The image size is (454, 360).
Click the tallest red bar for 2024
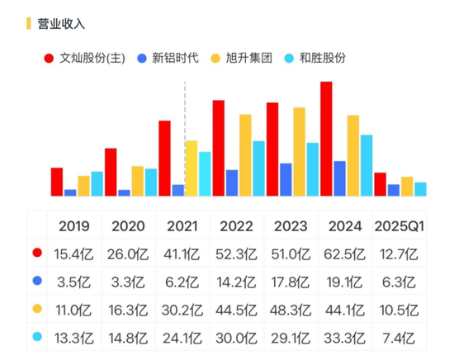pos(326,139)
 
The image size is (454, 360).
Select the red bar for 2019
pos(57,182)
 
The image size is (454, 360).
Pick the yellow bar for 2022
pos(245,154)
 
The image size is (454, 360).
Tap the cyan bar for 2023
pos(312,169)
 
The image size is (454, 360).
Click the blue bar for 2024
pos(339,178)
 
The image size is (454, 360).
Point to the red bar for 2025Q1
pos(380,184)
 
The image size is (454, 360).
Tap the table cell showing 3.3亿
pos(128,282)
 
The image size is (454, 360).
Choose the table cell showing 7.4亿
pos(399,338)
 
